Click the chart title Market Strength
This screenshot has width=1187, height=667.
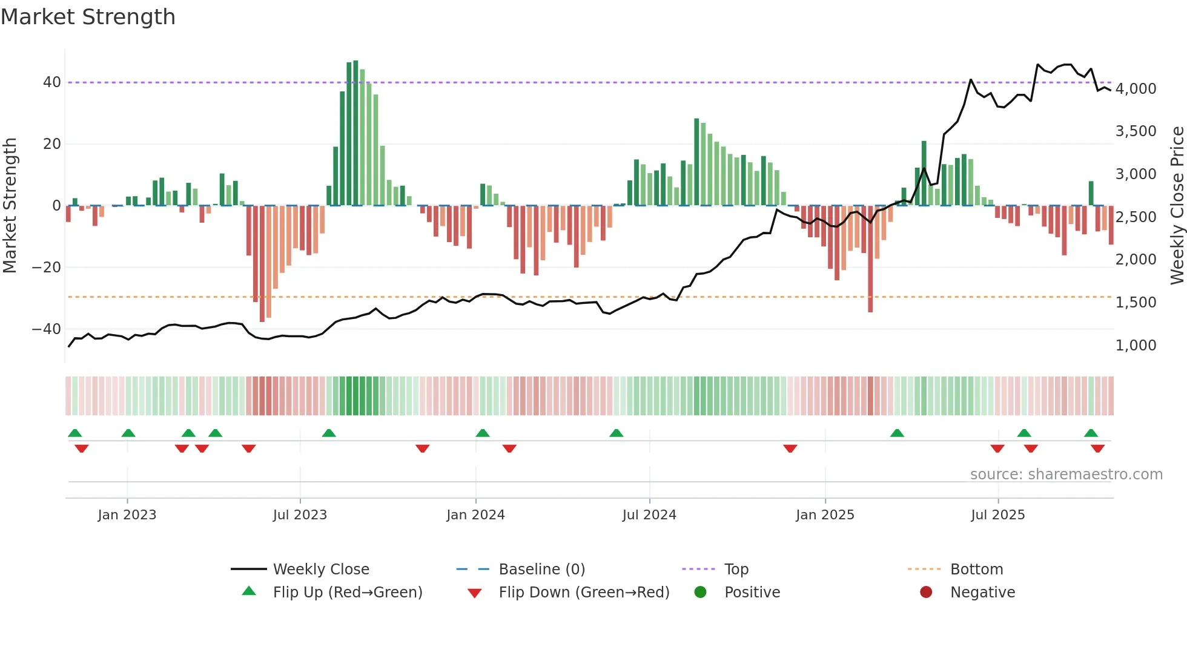(88, 17)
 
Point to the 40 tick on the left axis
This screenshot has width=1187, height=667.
(52, 82)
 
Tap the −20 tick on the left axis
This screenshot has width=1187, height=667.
(47, 267)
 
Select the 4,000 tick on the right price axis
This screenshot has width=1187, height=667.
(1136, 89)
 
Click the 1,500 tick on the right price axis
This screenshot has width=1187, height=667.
(1136, 303)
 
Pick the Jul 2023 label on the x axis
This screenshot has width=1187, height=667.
(300, 515)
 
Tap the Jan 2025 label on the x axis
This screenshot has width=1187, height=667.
(825, 515)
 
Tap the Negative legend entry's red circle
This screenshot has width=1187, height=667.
(926, 593)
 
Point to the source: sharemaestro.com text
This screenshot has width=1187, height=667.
(1066, 475)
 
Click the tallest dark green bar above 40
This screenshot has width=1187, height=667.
(355, 133)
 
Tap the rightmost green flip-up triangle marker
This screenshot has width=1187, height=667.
(1091, 433)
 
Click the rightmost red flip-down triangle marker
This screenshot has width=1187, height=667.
(1097, 448)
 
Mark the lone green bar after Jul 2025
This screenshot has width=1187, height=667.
(1091, 194)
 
